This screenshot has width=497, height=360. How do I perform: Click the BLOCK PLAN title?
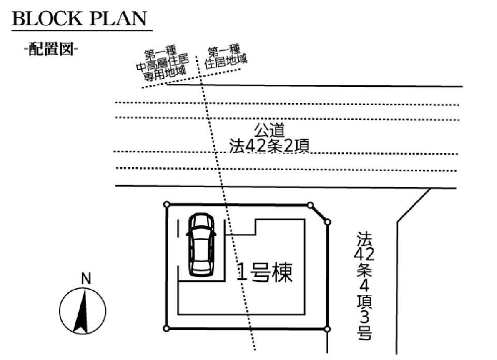tap(79, 19)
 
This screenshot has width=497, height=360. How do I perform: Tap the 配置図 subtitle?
tap(51, 50)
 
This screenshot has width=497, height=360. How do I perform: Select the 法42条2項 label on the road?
tap(269, 146)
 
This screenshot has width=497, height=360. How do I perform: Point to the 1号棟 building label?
tap(264, 272)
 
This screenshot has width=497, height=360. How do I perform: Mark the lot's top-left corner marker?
tap(167, 205)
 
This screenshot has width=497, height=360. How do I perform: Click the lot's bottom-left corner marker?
tap(166, 328)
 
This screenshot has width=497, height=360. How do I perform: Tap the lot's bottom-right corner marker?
tap(327, 328)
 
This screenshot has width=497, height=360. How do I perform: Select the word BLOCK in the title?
tap(46, 19)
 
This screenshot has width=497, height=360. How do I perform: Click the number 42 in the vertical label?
tap(362, 254)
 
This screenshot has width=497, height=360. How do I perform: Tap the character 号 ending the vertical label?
tap(363, 333)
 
